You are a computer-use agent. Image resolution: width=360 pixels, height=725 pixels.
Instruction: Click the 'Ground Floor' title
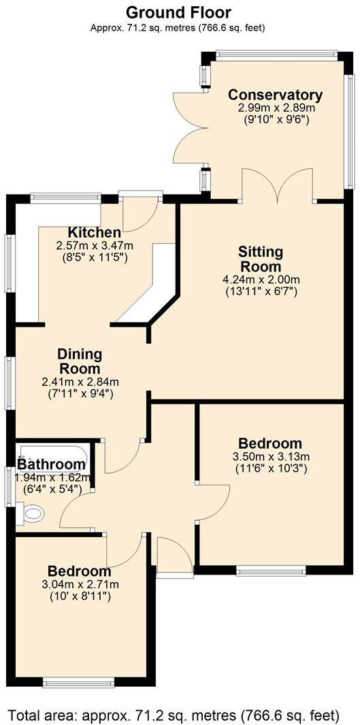[178, 12]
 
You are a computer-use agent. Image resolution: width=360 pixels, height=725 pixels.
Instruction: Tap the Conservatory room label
[275, 95]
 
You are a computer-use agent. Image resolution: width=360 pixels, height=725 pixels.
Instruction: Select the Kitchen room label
[95, 233]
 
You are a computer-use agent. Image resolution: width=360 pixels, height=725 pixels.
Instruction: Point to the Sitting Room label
[261, 259]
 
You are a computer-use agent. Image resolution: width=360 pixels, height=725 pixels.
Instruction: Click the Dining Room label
[80, 361]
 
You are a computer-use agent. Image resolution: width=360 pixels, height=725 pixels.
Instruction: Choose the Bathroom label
[51, 465]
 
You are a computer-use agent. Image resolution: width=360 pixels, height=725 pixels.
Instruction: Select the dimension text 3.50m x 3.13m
[271, 457]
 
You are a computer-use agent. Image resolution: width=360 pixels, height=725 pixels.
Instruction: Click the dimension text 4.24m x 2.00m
[261, 279]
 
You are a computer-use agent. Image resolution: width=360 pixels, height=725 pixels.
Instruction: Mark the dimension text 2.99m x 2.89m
[276, 108]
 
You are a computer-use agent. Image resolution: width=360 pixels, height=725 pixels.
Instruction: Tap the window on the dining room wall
[9, 382]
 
